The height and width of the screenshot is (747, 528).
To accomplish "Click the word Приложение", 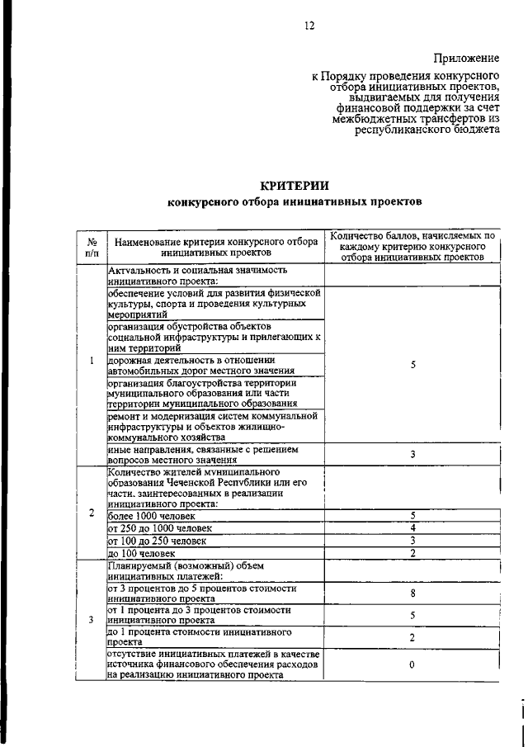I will click(468, 58).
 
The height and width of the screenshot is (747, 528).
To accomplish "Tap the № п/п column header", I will click(92, 247).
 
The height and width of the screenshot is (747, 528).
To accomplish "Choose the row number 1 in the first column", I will click(92, 361).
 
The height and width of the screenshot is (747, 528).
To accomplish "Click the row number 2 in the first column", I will click(92, 513).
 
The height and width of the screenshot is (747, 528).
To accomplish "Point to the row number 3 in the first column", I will click(92, 619).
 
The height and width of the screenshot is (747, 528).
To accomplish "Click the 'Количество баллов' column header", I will click(412, 247).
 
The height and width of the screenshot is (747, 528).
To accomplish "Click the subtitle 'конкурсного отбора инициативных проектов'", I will click(295, 201).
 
